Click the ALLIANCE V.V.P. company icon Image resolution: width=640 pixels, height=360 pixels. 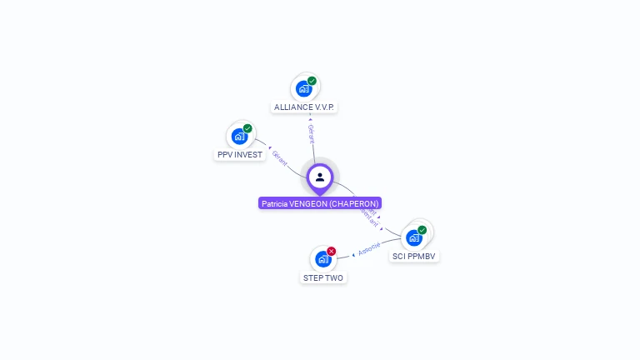tap(304, 88)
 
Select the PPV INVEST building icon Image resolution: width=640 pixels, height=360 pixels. tap(240, 137)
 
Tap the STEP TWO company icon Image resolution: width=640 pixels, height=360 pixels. tap(322, 259)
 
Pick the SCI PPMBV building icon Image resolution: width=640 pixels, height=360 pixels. tap(413, 237)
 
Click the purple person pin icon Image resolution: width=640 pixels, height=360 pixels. tap(320, 177)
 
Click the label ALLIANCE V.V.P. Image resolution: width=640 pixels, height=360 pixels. tap(305, 107)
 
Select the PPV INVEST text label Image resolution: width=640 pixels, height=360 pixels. tap(240, 155)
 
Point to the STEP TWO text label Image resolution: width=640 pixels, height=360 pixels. tap(322, 277)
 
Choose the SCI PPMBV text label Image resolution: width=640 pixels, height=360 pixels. tap(414, 256)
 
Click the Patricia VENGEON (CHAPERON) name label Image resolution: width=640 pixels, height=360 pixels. tap(320, 203)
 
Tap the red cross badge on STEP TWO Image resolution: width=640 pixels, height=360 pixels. tap(332, 251)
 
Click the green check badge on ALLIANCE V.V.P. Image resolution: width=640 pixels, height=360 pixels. tap(312, 81)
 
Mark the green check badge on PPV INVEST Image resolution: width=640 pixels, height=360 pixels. tap(247, 128)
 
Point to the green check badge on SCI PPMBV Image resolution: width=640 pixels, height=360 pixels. tap(422, 230)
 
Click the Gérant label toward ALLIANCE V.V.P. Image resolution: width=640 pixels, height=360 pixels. tap(311, 132)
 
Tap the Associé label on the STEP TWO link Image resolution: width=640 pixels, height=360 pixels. tap(370, 247)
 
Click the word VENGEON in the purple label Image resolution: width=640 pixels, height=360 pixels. tap(308, 203)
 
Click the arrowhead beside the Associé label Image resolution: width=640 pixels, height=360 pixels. tap(353, 254)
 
